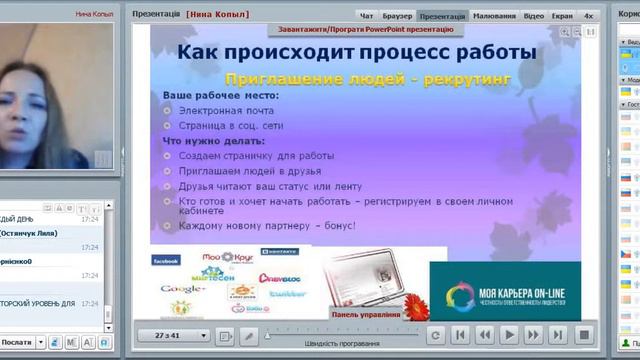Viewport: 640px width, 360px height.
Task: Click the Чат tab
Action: [367, 16]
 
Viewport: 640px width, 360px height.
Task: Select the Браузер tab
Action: [397, 16]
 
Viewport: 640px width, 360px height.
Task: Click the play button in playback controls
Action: [509, 335]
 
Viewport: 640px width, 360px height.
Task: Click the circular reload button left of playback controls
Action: [435, 335]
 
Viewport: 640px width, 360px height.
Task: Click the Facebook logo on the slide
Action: [165, 260]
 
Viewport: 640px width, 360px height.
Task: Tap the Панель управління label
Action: [365, 314]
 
